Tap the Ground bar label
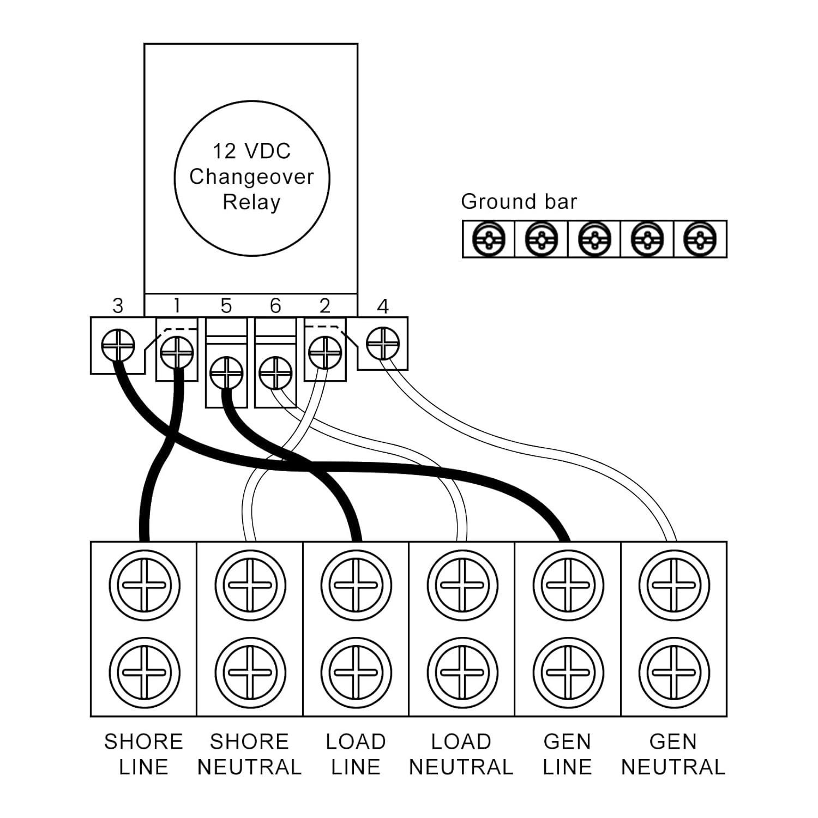pyautogui.click(x=519, y=202)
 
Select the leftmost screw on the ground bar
pyautogui.click(x=488, y=239)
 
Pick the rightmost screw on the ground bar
pyautogui.click(x=700, y=239)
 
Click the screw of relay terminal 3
pyautogui.click(x=118, y=345)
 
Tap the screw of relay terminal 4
pyautogui.click(x=383, y=344)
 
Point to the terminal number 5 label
pyautogui.click(x=226, y=306)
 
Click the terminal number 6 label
pyautogui.click(x=275, y=306)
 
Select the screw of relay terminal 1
pyautogui.click(x=177, y=352)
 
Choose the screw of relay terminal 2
pyautogui.click(x=325, y=352)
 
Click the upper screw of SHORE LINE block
pyautogui.click(x=144, y=585)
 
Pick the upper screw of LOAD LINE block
pyautogui.click(x=356, y=585)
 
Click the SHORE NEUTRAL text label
pyautogui.click(x=249, y=754)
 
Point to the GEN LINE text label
pyautogui.click(x=567, y=754)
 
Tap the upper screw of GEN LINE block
pyautogui.click(x=568, y=585)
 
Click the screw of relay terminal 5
pyautogui.click(x=226, y=373)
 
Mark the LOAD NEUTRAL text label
pyautogui.click(x=461, y=754)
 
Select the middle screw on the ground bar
pyautogui.click(x=594, y=239)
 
